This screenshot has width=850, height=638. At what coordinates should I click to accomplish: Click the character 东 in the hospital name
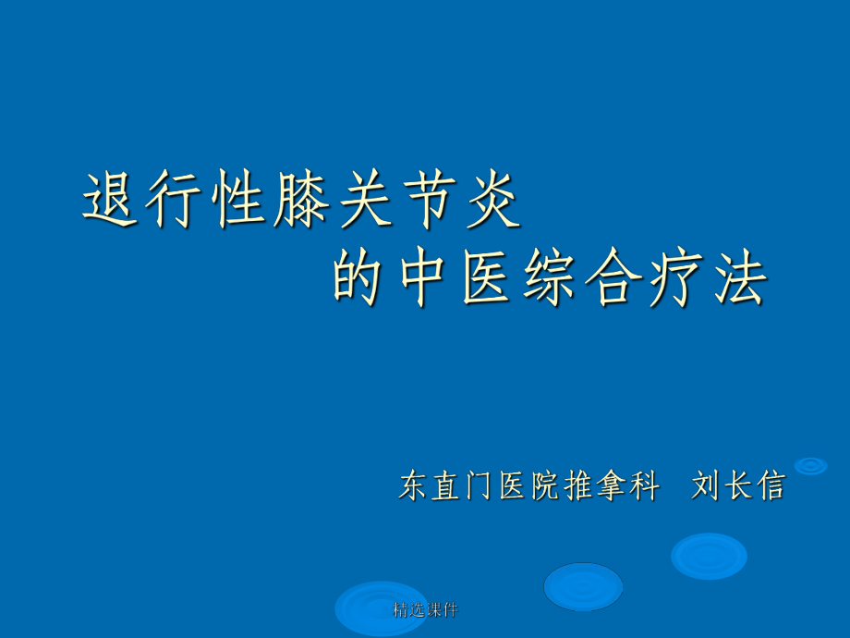tap(413, 485)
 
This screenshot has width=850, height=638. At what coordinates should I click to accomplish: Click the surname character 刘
tap(706, 485)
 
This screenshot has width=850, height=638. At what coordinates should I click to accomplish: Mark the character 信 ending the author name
tap(770, 485)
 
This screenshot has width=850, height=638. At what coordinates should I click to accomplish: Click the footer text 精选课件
tap(425, 609)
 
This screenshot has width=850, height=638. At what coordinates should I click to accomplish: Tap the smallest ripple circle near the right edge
tap(810, 466)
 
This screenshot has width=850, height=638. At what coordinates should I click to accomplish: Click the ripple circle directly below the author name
tap(709, 556)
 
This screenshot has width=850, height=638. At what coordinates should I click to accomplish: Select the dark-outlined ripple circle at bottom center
tap(583, 586)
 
